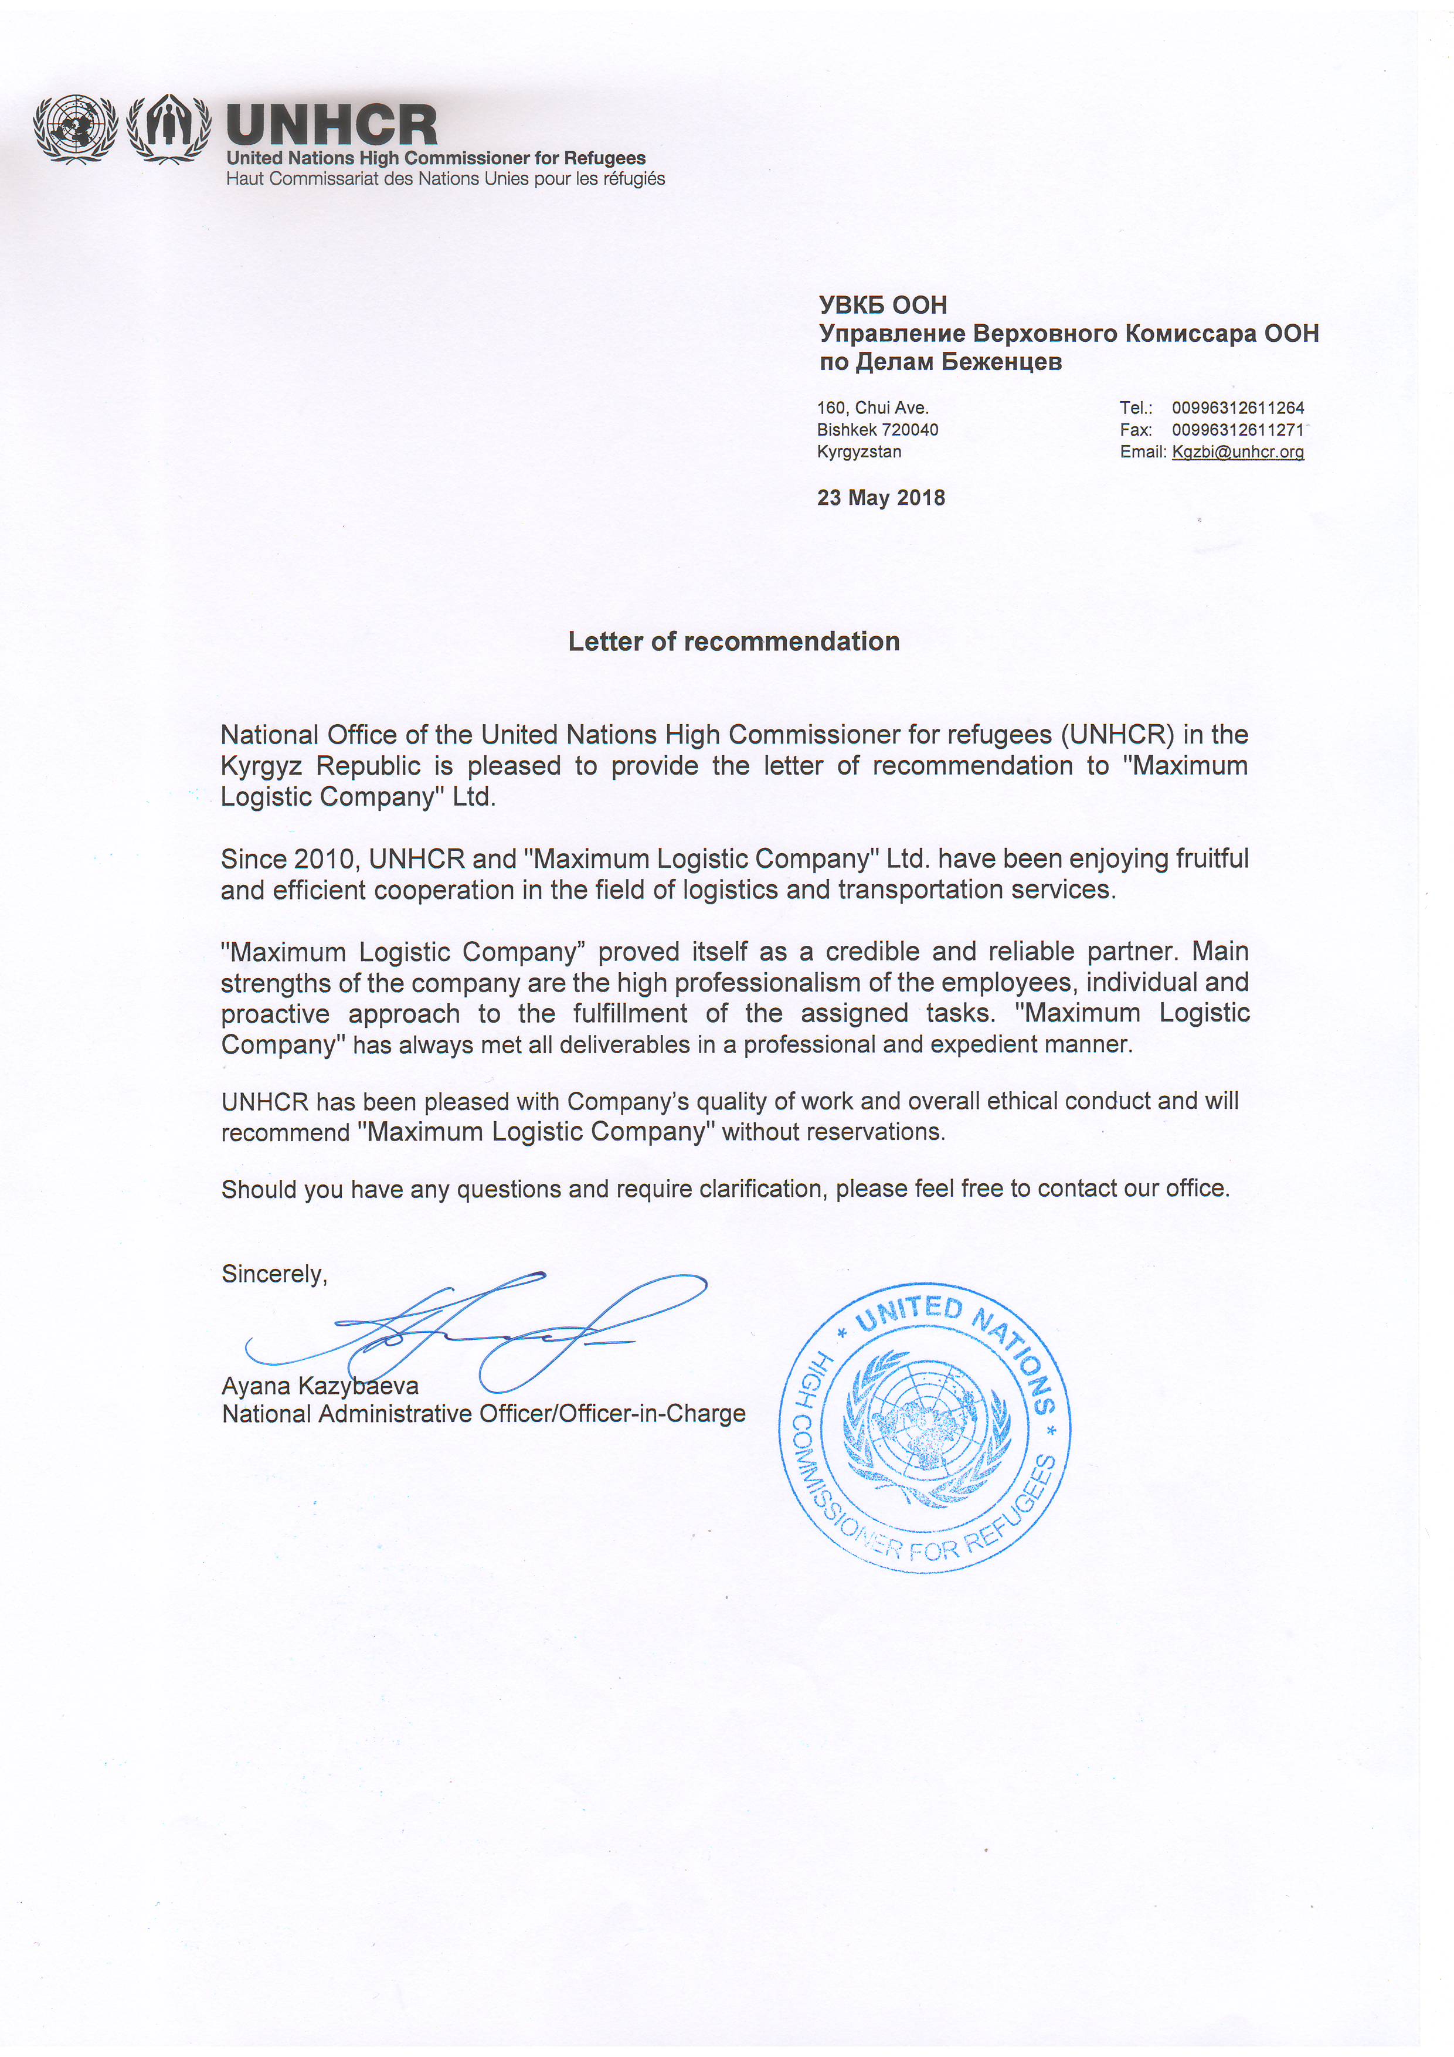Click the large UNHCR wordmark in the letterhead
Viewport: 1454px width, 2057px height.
(x=331, y=125)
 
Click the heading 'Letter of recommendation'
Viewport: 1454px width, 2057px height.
(x=733, y=641)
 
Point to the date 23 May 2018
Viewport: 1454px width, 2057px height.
(x=881, y=498)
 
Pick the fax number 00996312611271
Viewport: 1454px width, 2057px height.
(x=1237, y=430)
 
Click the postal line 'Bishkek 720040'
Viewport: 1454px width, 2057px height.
(x=877, y=430)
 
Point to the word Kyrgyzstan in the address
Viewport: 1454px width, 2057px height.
(x=859, y=452)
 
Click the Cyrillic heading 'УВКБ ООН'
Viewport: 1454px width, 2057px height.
(x=882, y=306)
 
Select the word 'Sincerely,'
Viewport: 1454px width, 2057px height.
(x=274, y=1274)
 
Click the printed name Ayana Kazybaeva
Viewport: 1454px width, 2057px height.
(x=320, y=1386)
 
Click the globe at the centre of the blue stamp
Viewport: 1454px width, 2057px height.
(x=925, y=1427)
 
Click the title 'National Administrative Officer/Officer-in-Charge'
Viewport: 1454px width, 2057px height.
(x=484, y=1414)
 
